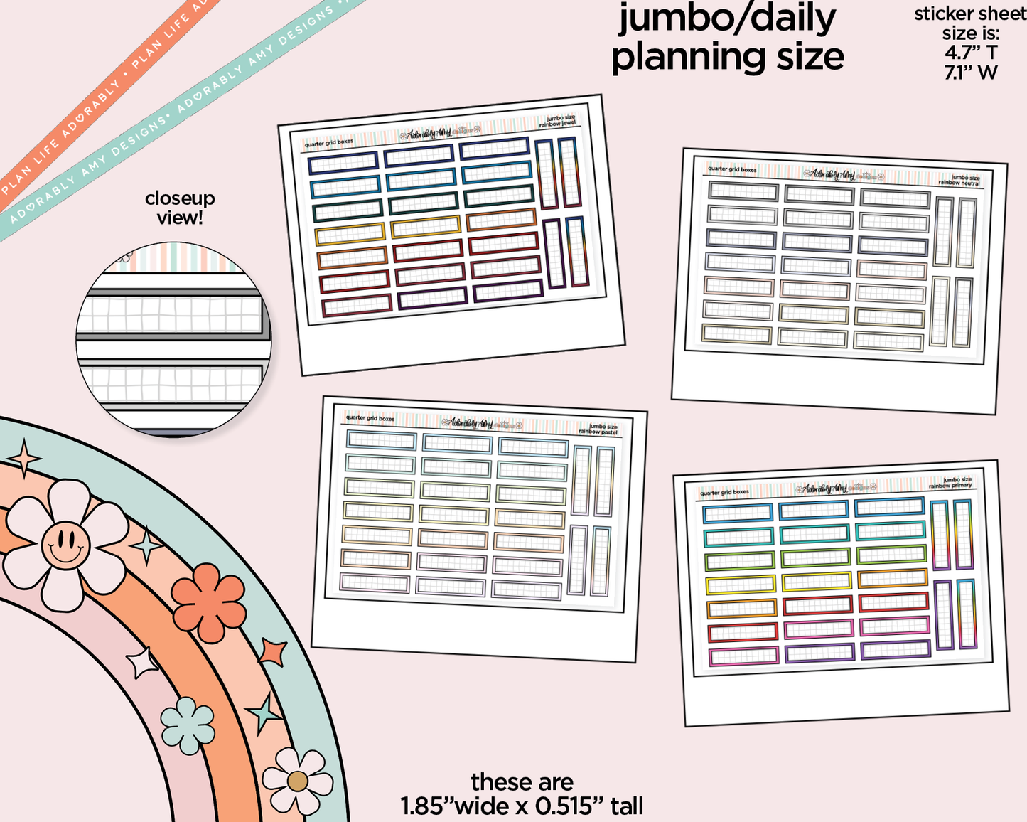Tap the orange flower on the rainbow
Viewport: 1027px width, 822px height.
tap(208, 602)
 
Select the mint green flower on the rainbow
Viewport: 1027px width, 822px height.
tap(188, 725)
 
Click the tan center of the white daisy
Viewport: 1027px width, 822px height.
tap(298, 781)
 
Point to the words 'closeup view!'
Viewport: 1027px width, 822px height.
tap(180, 208)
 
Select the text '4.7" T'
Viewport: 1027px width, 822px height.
tap(971, 53)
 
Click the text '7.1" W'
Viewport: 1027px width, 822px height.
tap(971, 72)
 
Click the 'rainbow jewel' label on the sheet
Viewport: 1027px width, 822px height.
tap(558, 124)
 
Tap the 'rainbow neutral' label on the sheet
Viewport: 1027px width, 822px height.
tap(959, 183)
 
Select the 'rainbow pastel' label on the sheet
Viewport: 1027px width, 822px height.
tap(598, 432)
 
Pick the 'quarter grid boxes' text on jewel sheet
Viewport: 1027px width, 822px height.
tap(328, 144)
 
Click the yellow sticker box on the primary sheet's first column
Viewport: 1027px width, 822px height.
tap(740, 585)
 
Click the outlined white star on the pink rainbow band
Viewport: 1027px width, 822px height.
tap(141, 663)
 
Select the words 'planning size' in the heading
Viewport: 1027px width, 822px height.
tap(727, 57)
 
